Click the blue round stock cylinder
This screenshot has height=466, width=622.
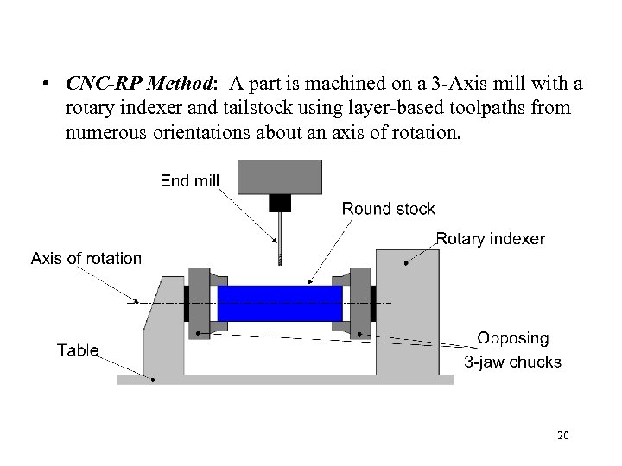[x=280, y=303]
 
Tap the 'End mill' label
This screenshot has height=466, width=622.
[x=190, y=180]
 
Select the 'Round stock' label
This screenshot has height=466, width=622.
[x=389, y=208]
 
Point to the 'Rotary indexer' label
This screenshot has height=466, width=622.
[x=491, y=238]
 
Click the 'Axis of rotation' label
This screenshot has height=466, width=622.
[x=86, y=258]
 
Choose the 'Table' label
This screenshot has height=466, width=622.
[x=78, y=349]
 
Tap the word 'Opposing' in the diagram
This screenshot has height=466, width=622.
[x=513, y=339]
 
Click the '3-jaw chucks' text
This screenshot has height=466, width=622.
[x=513, y=362]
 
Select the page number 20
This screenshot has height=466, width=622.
[x=562, y=435]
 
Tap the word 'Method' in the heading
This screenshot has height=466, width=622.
[x=180, y=85]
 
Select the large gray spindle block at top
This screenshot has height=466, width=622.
[x=281, y=177]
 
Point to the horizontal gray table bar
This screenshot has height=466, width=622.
[x=285, y=380]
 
